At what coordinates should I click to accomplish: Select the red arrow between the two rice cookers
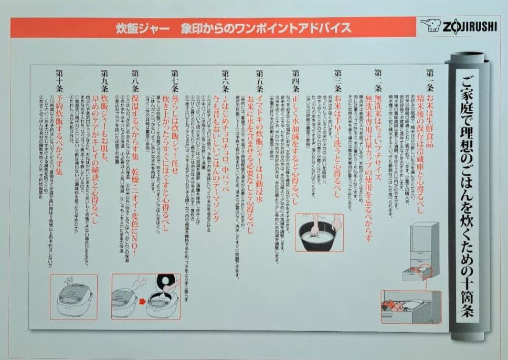pyautogui.click(x=142, y=302)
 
